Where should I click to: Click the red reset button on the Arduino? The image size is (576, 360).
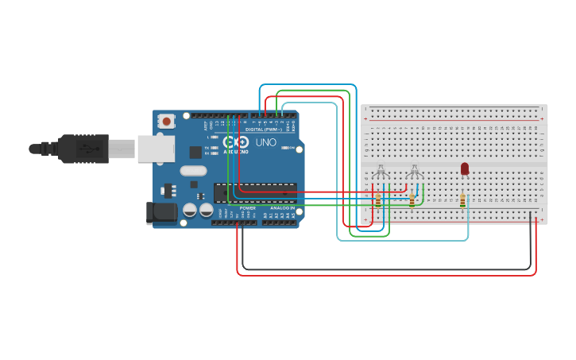click(167, 121)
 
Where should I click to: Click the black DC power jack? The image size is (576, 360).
click(160, 212)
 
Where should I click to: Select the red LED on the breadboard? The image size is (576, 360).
click(465, 168)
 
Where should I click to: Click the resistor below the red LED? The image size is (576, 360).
click(464, 201)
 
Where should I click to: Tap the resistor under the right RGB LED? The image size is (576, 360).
click(412, 200)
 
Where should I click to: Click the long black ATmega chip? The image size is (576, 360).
click(255, 192)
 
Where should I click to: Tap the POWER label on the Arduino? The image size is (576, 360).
click(248, 208)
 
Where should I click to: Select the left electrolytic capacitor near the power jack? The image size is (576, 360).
click(191, 210)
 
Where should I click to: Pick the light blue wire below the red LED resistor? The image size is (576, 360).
click(467, 226)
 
